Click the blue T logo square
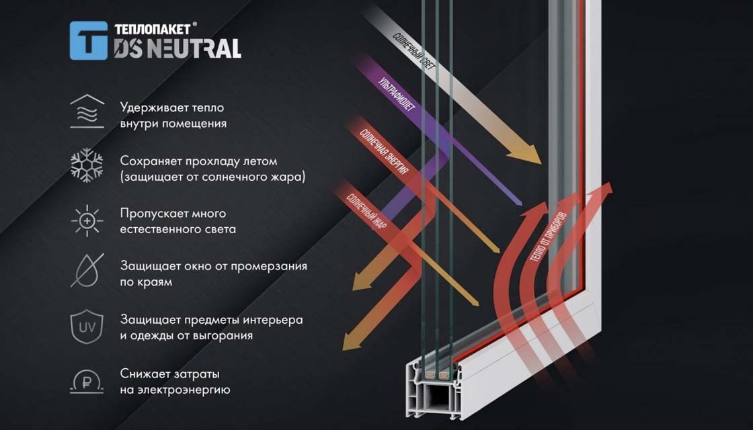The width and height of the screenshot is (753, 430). point(88,40)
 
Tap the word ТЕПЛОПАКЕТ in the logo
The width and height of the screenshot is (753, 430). point(152,29)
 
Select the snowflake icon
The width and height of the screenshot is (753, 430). point(87,165)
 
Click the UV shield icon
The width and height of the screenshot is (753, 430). point(87,327)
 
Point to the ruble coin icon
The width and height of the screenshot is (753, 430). point(87,382)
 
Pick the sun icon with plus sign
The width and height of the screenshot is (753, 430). point(87,221)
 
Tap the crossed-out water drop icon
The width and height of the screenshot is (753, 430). point(87,271)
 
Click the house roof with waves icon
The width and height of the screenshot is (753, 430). point(87,112)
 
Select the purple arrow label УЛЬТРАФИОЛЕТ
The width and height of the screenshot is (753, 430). point(397,94)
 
